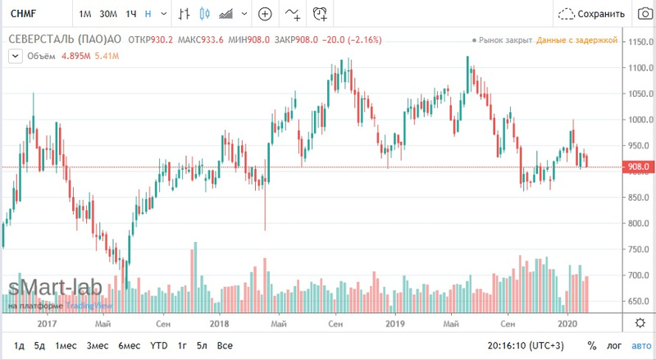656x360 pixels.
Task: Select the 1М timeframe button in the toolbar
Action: point(85,14)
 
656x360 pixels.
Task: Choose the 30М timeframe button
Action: point(107,14)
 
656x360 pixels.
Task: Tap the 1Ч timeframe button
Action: point(130,14)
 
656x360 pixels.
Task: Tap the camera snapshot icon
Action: point(643,14)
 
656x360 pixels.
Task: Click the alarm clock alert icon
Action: point(320,14)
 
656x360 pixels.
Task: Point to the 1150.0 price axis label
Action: point(637,42)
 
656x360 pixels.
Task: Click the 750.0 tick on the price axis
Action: point(635,249)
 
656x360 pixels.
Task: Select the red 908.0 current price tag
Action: point(636,167)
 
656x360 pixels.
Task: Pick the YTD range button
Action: point(159,345)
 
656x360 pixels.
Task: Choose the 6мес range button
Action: point(130,345)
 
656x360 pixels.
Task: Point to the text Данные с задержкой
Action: point(572,40)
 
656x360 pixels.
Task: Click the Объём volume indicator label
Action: point(41,55)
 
